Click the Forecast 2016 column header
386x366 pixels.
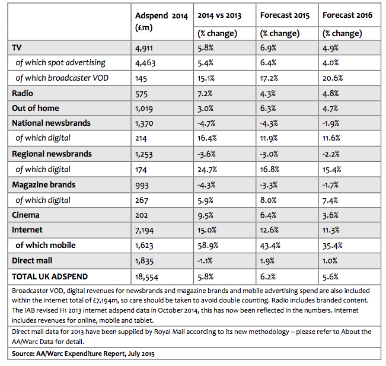tap(347, 15)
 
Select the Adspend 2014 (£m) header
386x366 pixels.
tap(161, 21)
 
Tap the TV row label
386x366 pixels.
tap(17, 47)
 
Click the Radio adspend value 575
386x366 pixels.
tap(141, 94)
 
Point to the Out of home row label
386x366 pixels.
tap(36, 108)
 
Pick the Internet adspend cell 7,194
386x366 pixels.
tap(144, 231)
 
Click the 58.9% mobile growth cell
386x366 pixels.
tap(208, 246)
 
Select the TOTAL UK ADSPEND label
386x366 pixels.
tap(50, 276)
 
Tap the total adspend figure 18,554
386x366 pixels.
tap(146, 277)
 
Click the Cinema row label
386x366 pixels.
tap(25, 215)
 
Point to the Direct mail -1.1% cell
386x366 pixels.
tap(205, 261)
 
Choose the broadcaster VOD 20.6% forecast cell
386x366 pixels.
tap(333, 78)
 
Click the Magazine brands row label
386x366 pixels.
tap(43, 184)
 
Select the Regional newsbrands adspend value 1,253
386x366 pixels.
tap(143, 154)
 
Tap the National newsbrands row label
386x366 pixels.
tap(51, 123)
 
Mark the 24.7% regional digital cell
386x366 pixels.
tap(207, 170)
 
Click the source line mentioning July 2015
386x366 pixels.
tap(83, 354)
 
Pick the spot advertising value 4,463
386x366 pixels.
tap(145, 63)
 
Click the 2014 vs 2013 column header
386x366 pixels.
tap(219, 15)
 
